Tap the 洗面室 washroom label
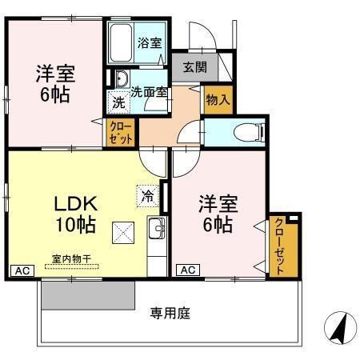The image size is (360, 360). [x=149, y=91]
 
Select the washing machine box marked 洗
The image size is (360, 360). [x=118, y=102]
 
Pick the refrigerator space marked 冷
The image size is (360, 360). [x=148, y=194]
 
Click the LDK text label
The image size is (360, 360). [x=74, y=202]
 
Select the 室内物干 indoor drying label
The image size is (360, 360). [x=72, y=258]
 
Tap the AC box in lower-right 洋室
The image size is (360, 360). [x=186, y=270]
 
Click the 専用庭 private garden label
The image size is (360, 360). [x=170, y=314]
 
